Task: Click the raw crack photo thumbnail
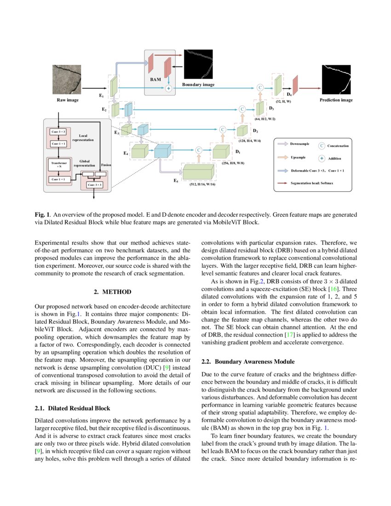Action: coord(68,80)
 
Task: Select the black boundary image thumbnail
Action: coord(198,64)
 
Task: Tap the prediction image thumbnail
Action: coord(336,80)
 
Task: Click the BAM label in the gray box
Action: coord(155,80)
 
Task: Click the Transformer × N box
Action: coord(59,165)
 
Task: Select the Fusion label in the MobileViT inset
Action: coord(106,165)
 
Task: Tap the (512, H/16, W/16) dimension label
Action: coord(202,184)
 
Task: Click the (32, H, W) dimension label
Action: coord(283,101)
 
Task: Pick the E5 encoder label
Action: coord(176,181)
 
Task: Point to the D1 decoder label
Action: coord(238,151)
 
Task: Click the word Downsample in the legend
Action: coord(299,144)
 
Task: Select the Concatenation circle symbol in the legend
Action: coord(322,145)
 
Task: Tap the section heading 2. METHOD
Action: coord(113,292)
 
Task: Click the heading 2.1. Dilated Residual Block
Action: coord(72,408)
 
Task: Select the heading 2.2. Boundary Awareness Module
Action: coord(248,362)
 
